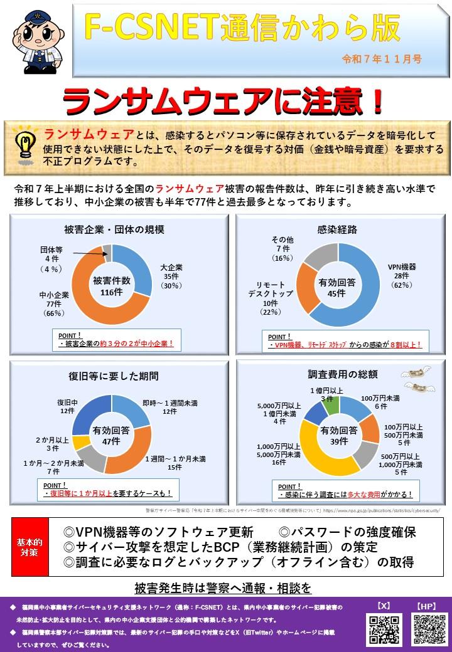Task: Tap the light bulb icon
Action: tap(24, 141)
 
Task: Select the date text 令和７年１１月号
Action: tap(381, 59)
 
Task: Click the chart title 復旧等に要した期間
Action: tap(113, 376)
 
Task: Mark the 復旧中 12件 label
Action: tap(67, 406)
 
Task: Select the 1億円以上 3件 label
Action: tap(326, 394)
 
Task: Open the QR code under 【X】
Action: tap(383, 629)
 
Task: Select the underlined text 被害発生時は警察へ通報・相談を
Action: tap(223, 588)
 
